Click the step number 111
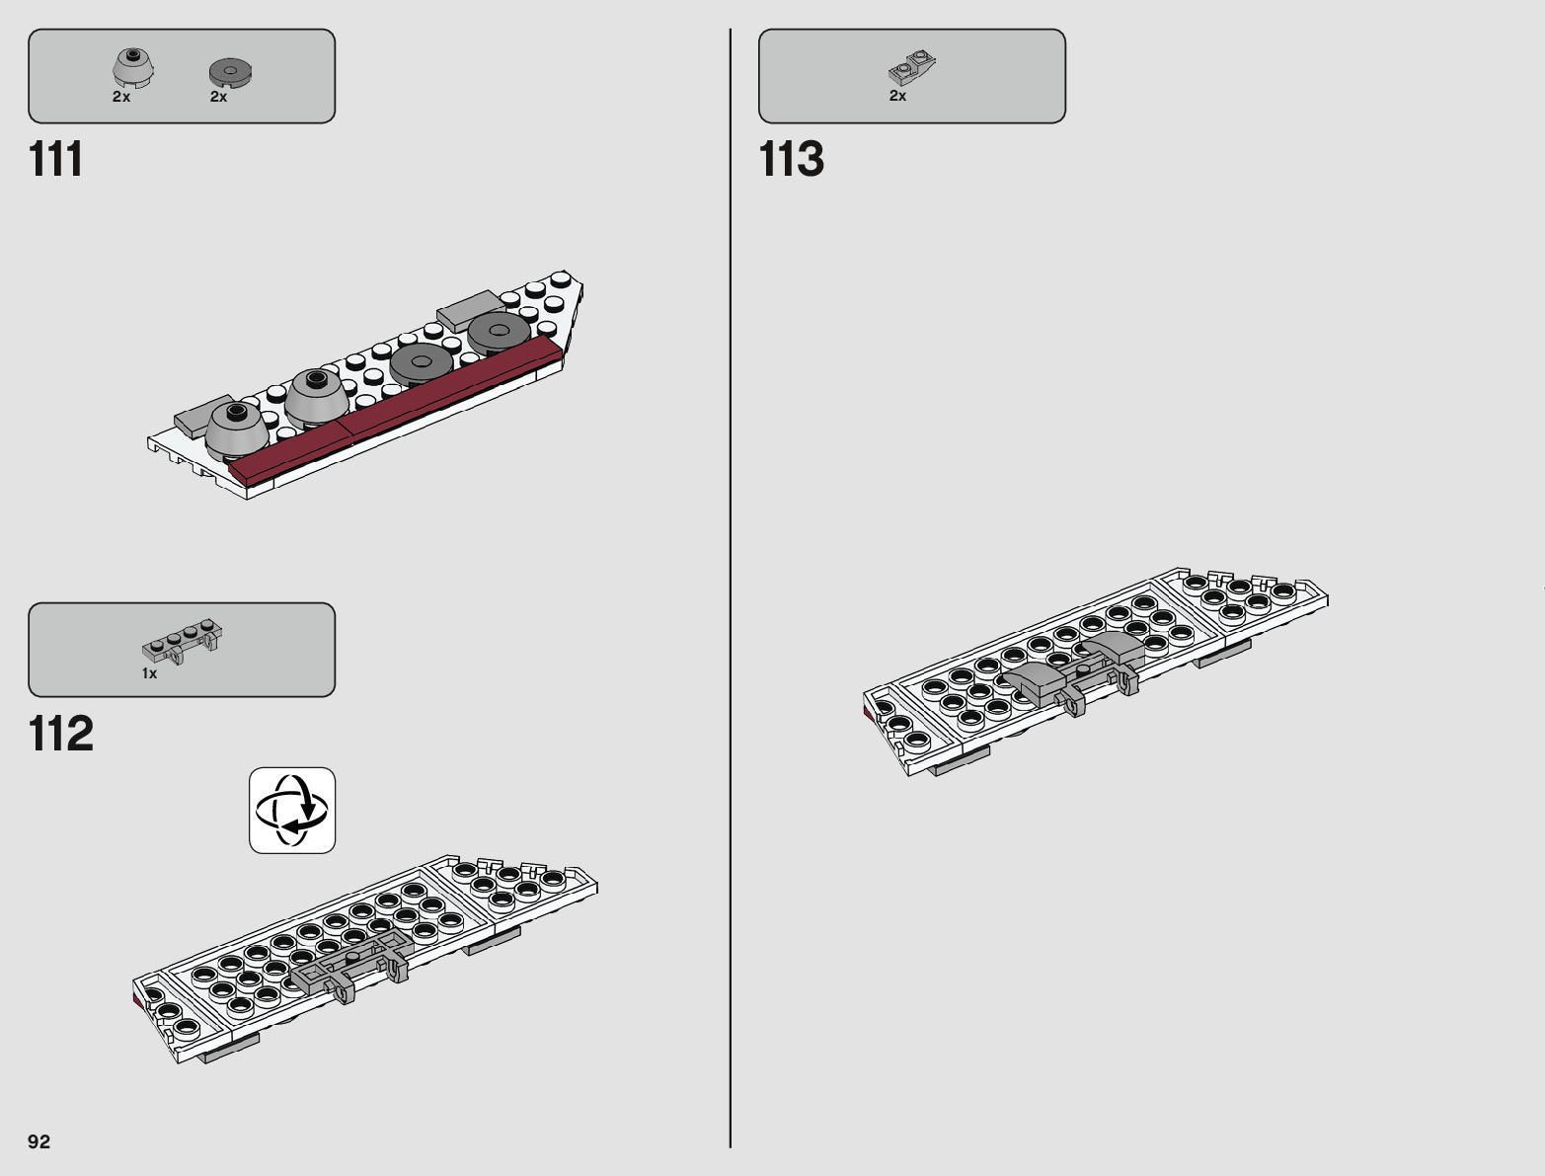56,159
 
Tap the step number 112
61,734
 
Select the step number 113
791,159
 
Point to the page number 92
39,1141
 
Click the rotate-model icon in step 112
292,811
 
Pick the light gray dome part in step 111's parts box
128,68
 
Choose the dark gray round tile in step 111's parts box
231,71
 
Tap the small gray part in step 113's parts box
911,68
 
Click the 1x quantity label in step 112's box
149,673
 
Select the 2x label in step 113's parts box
897,96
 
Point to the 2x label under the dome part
121,97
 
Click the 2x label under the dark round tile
218,97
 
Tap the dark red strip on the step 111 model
395,410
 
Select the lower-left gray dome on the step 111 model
237,429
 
